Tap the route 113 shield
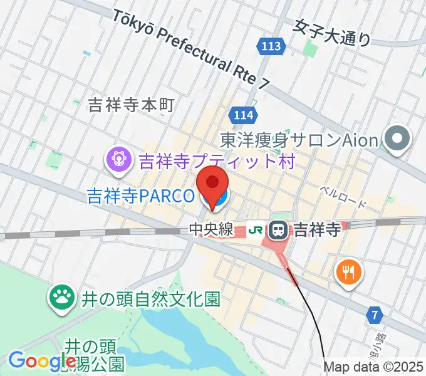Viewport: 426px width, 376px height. [x=271, y=46]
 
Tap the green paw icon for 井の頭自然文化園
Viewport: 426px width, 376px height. [x=62, y=297]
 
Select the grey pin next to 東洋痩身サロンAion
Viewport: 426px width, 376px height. [x=397, y=139]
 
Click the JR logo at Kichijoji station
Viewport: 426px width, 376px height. [x=256, y=230]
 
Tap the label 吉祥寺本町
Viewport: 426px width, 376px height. [x=130, y=105]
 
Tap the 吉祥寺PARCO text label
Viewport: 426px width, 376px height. [x=140, y=196]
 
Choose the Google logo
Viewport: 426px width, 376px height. [x=42, y=361]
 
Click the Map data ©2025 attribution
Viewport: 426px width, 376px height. [x=374, y=368]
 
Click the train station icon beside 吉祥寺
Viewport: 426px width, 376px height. [x=278, y=230]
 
